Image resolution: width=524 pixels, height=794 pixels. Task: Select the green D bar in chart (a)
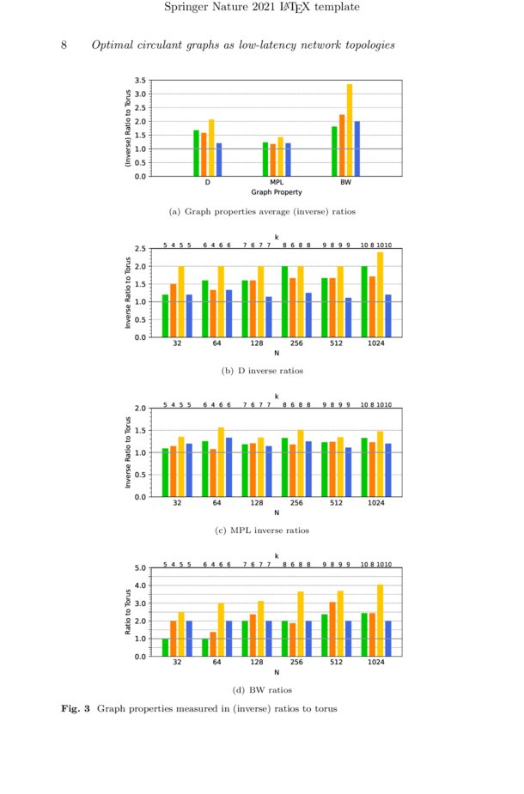pos(196,153)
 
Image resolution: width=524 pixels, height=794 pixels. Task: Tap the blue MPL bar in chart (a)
pos(288,160)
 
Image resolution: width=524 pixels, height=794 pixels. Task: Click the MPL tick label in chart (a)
pos(277,183)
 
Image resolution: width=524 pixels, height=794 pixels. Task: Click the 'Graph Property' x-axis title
pos(277,192)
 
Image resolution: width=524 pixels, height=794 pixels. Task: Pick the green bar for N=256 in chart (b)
pos(285,301)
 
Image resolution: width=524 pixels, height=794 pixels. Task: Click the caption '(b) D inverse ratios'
pos(262,371)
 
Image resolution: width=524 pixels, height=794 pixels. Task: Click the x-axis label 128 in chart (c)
pos(257,503)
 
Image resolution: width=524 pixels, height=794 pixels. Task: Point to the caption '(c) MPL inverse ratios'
pos(262,530)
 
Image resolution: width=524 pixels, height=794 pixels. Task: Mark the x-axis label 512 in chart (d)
pos(336,663)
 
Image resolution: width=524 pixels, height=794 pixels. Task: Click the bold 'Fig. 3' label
pos(76,708)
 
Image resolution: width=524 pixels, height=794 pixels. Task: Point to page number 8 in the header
pos(64,45)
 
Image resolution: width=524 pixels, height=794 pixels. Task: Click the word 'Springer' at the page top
pos(188,8)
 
